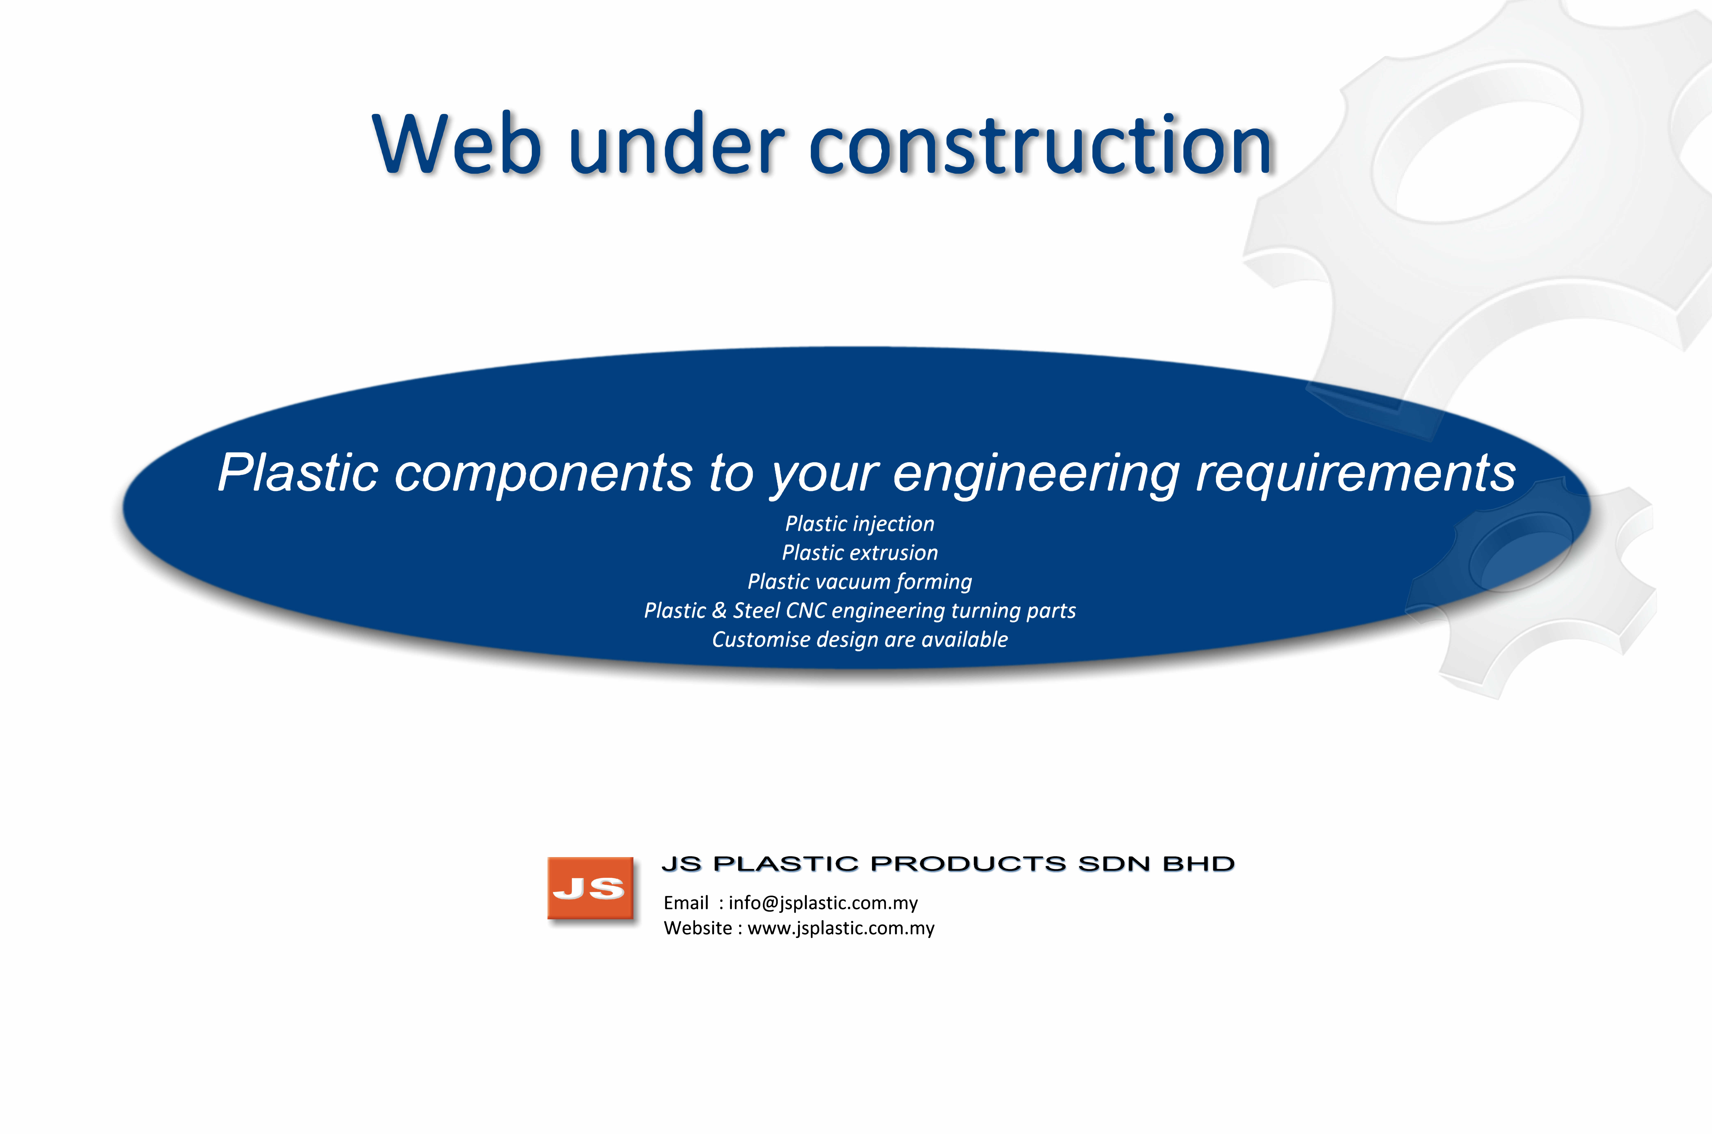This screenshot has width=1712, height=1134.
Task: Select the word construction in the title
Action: click(1040, 145)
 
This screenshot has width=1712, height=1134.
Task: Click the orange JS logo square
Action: click(590, 888)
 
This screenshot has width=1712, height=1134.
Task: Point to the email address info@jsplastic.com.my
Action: click(823, 903)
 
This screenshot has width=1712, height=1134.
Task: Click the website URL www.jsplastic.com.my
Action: click(841, 929)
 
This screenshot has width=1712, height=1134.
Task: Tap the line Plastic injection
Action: click(860, 524)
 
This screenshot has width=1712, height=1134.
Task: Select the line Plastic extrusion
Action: click(860, 552)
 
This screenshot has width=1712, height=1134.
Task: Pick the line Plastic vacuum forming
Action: click(860, 582)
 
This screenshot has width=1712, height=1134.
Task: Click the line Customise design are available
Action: click(860, 639)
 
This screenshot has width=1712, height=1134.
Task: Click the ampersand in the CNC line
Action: click(719, 610)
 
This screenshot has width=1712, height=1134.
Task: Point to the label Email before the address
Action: click(686, 903)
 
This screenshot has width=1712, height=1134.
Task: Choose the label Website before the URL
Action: click(698, 929)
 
